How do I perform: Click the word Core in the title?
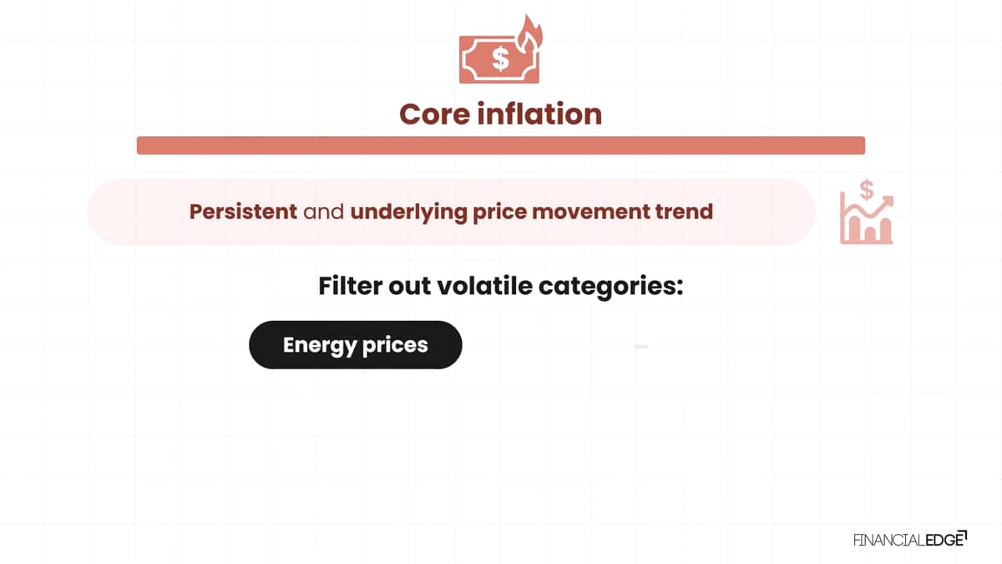(x=434, y=114)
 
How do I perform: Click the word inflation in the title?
(x=539, y=114)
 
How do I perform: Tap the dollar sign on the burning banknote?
(x=500, y=58)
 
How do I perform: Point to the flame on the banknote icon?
(x=529, y=33)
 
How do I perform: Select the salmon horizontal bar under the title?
(x=501, y=145)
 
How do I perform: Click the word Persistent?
(x=243, y=211)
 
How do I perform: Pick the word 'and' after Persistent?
(x=324, y=211)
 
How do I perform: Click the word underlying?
(x=409, y=212)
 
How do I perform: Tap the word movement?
(x=590, y=212)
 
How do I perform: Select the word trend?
(x=684, y=211)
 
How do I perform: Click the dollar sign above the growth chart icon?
(x=867, y=190)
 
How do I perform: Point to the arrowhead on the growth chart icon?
(x=887, y=201)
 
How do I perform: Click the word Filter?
(x=350, y=286)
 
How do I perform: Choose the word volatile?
(x=484, y=286)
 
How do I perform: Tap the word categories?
(x=611, y=287)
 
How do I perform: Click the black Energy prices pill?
(x=356, y=344)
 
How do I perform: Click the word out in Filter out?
(x=410, y=287)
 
